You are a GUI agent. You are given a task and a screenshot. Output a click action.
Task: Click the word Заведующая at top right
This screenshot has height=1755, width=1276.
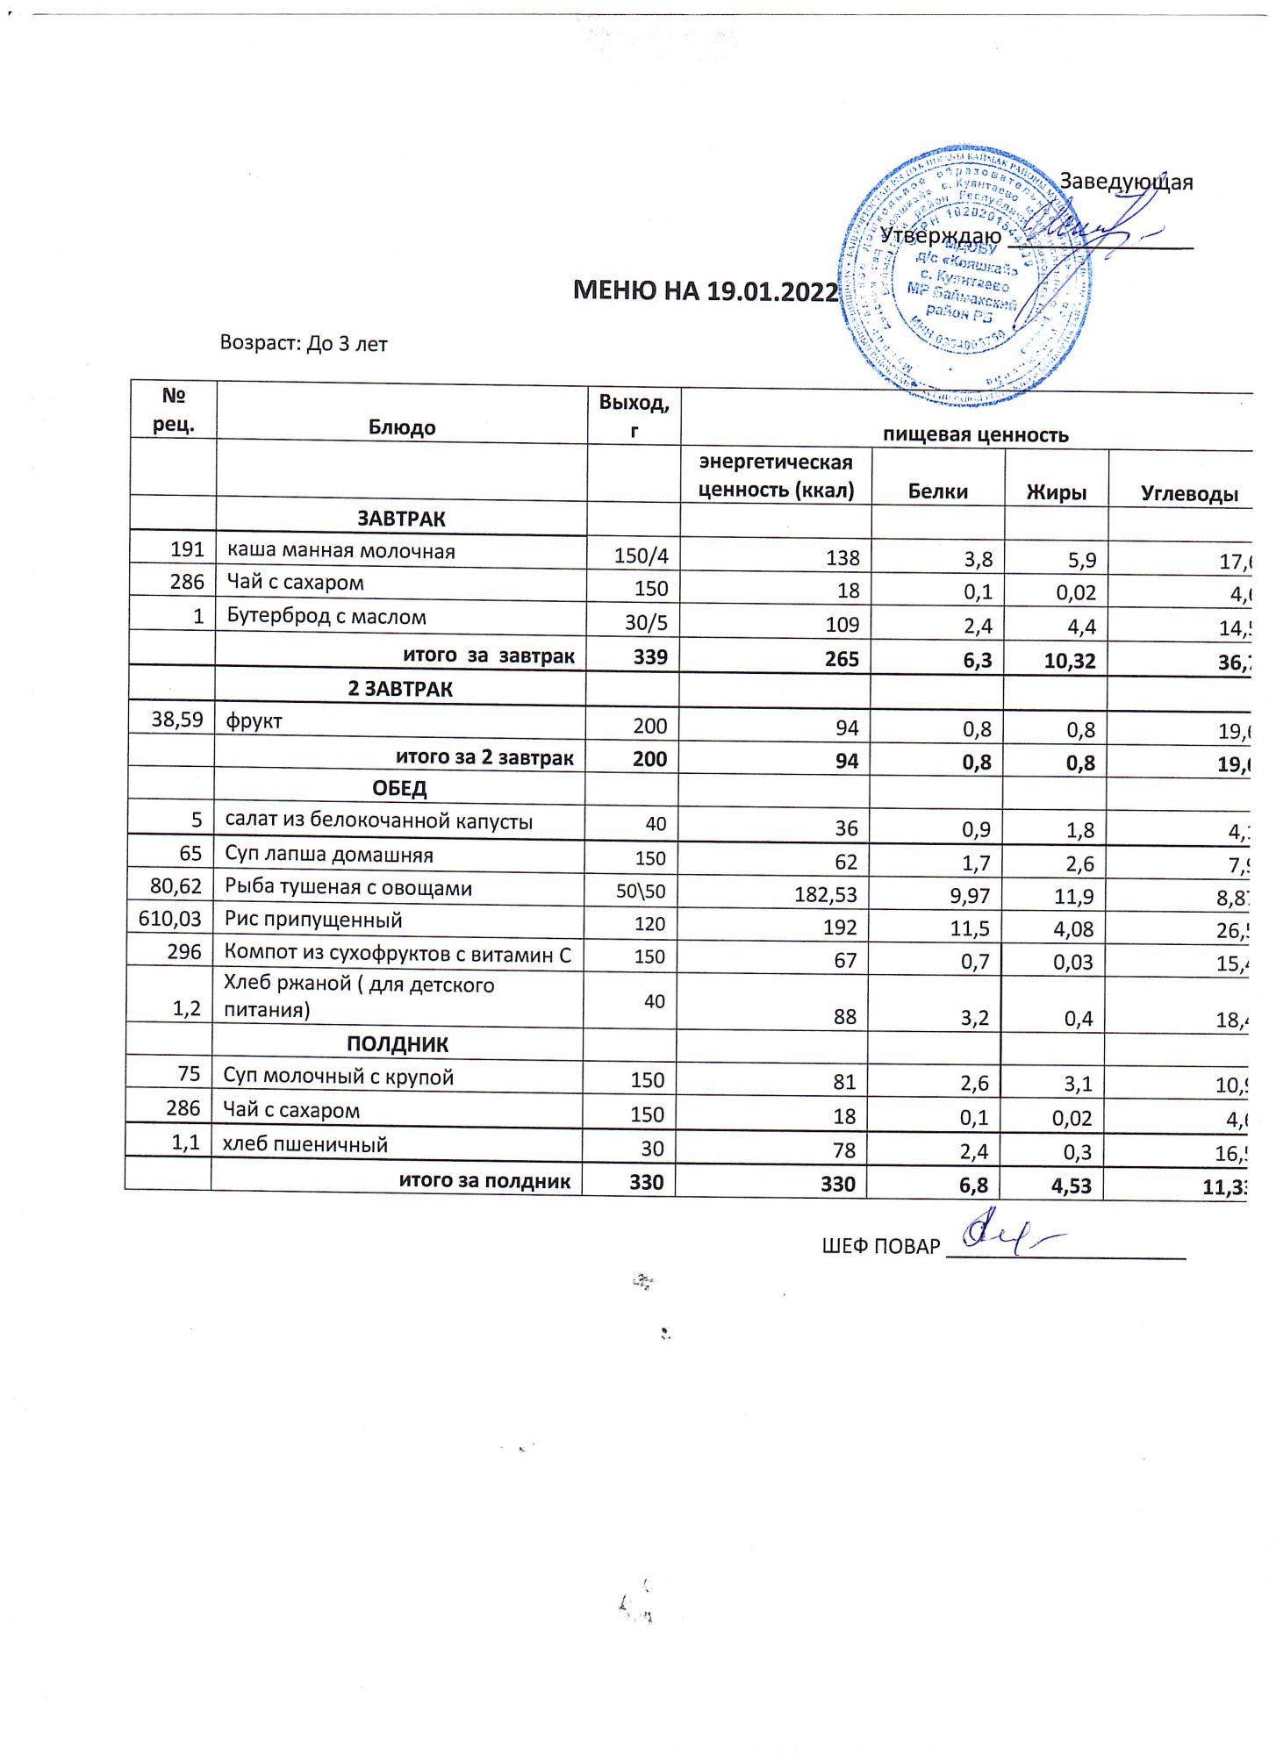[1127, 182]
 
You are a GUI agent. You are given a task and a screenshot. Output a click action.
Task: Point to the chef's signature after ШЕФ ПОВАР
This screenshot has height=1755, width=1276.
[1009, 1236]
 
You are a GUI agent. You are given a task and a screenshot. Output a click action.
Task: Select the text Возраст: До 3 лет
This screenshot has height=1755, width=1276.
[304, 343]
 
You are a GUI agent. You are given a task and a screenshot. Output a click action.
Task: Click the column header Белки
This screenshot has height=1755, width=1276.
[938, 492]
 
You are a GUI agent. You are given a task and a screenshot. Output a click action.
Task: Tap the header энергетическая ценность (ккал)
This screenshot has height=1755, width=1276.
[776, 476]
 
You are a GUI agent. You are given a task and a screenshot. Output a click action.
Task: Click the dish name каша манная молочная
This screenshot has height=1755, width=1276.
[341, 551]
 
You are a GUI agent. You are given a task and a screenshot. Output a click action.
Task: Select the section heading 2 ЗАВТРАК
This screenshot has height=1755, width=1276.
[400, 689]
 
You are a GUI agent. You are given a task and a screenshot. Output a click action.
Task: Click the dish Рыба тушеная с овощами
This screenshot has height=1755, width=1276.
[348, 887]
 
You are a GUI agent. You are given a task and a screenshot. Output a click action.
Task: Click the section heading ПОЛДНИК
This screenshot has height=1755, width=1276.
[398, 1044]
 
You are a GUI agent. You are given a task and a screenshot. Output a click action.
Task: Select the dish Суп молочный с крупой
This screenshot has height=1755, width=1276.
[339, 1077]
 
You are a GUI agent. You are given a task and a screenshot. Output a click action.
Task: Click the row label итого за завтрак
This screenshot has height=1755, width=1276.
[488, 655]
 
